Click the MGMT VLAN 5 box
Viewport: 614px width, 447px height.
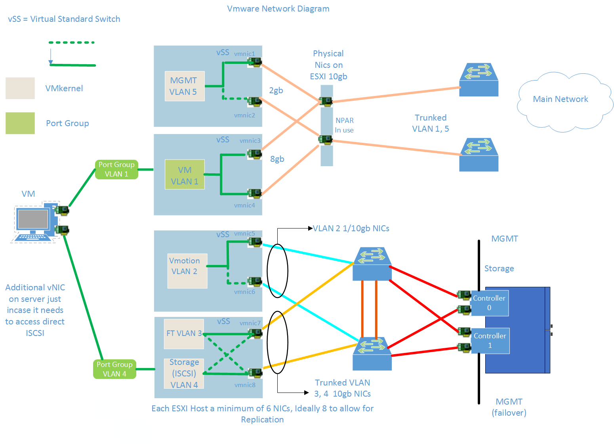[x=185, y=86]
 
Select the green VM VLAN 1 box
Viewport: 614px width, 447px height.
[x=185, y=175]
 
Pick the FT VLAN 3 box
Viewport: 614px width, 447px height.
[x=184, y=334]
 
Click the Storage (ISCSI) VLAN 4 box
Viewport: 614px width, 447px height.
[x=184, y=373]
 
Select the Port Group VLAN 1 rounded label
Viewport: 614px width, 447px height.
[x=116, y=169]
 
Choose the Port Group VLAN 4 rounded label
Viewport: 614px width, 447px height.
[x=114, y=369]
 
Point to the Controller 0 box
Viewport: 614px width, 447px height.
[x=489, y=303]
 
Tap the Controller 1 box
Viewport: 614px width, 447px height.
[x=490, y=341]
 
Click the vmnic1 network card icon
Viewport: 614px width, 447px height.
[x=254, y=61]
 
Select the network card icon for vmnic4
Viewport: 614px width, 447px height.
[x=254, y=194]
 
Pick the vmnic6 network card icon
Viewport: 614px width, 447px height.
[x=254, y=282]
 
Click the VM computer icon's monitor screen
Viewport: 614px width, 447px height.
[x=32, y=219]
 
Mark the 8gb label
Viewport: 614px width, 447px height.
[x=277, y=159]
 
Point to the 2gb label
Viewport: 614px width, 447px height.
[x=276, y=90]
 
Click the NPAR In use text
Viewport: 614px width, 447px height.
[x=344, y=125]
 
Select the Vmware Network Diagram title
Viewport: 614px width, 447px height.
[x=278, y=9]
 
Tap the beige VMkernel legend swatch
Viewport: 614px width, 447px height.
[x=20, y=88]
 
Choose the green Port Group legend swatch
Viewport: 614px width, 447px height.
[x=20, y=123]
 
